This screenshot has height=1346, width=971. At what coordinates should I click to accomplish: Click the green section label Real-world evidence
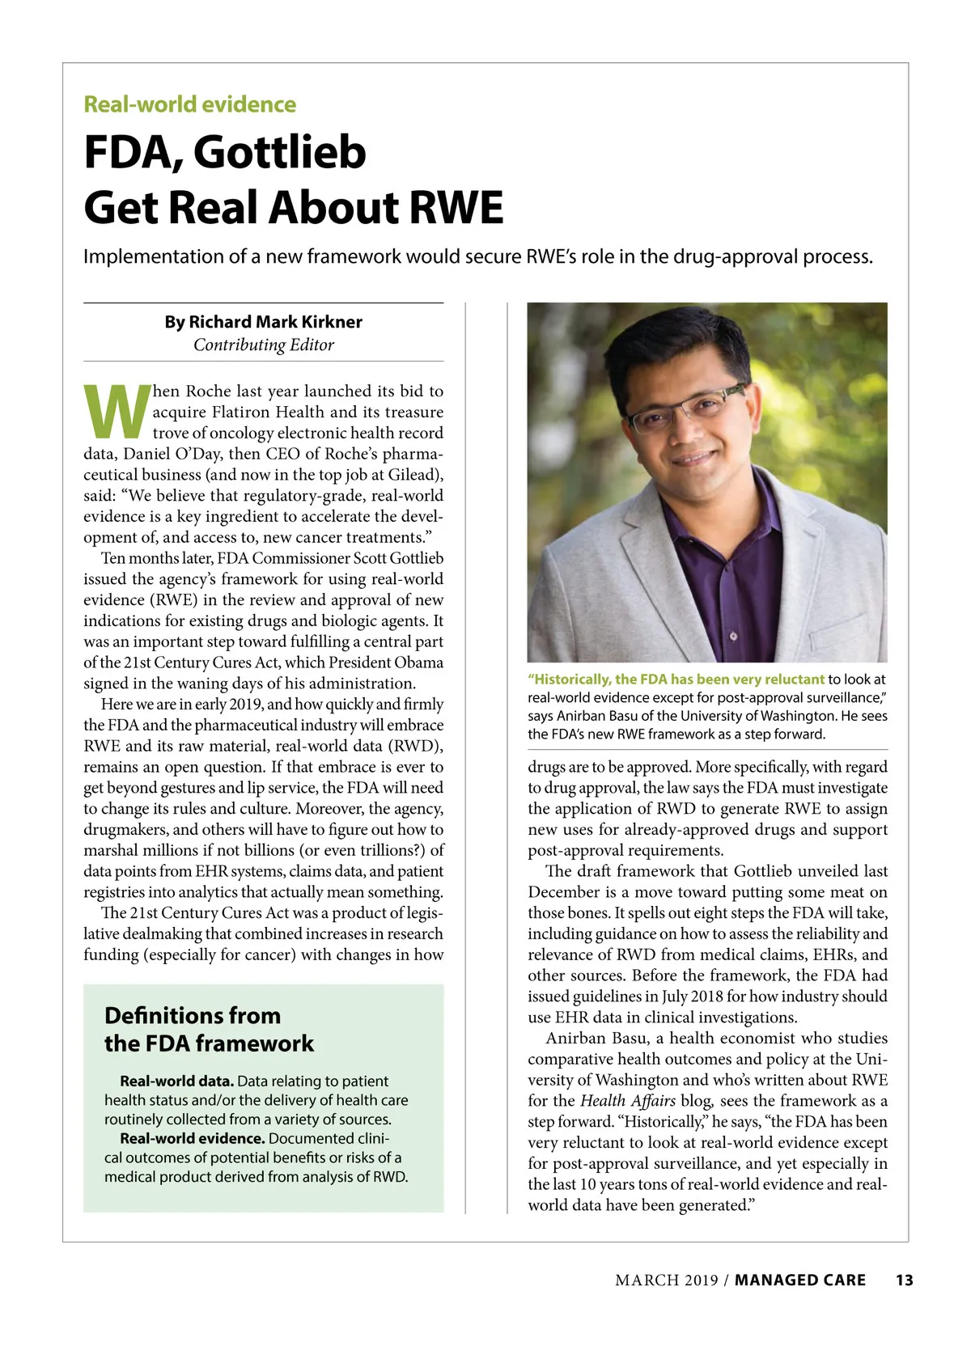point(190,104)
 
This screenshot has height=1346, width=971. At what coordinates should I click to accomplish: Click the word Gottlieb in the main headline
point(279,152)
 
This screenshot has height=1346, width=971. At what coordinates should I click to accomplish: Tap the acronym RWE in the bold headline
point(456,207)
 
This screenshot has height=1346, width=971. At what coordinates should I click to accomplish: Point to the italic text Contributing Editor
point(263,345)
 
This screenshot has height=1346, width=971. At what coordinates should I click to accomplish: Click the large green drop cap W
point(117,412)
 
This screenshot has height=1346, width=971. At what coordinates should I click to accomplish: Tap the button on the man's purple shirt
point(733,636)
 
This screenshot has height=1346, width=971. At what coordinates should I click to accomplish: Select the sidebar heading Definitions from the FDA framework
point(208,1029)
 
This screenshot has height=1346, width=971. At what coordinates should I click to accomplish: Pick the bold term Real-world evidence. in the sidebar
point(192,1138)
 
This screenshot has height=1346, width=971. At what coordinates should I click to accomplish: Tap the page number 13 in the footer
point(904,1280)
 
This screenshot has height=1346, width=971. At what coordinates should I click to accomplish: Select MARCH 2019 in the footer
point(666,1280)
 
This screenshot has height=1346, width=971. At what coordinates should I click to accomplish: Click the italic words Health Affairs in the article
point(627,1101)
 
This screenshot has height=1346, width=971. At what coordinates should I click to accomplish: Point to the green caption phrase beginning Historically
point(676,679)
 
